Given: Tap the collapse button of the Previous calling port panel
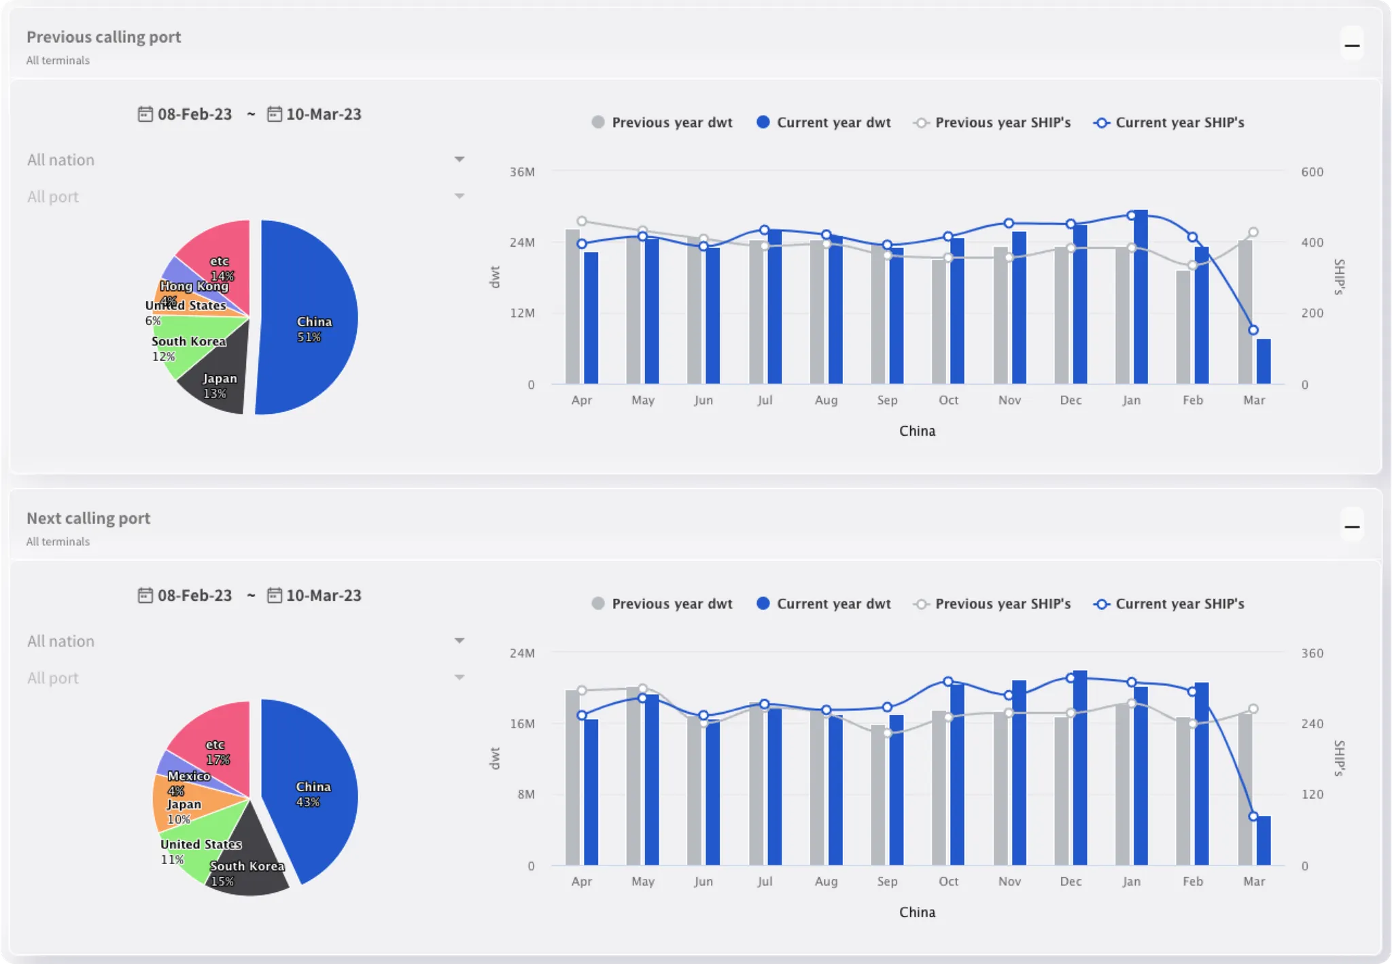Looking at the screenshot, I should tap(1352, 46).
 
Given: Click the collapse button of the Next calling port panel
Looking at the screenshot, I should tap(1352, 527).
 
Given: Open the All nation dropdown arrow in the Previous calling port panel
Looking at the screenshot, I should tap(459, 160).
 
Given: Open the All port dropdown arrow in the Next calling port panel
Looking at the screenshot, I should tap(459, 678).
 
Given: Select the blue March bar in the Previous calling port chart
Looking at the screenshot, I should tap(1264, 362).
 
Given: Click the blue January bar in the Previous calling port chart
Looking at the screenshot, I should tap(1141, 299).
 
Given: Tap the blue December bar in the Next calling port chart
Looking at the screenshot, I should tap(1080, 768).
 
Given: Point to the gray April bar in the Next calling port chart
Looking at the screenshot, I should tap(572, 778).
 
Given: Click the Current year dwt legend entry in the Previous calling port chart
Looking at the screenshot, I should tap(824, 122).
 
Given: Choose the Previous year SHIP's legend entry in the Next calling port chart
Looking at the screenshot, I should tap(993, 604).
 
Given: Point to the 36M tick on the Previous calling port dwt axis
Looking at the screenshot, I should tap(522, 172).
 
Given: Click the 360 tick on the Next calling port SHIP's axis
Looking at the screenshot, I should tap(1312, 653).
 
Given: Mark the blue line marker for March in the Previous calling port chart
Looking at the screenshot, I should tap(1253, 330).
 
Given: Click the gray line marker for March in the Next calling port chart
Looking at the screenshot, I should tap(1253, 709).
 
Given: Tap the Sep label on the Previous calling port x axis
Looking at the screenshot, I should tap(887, 400).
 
